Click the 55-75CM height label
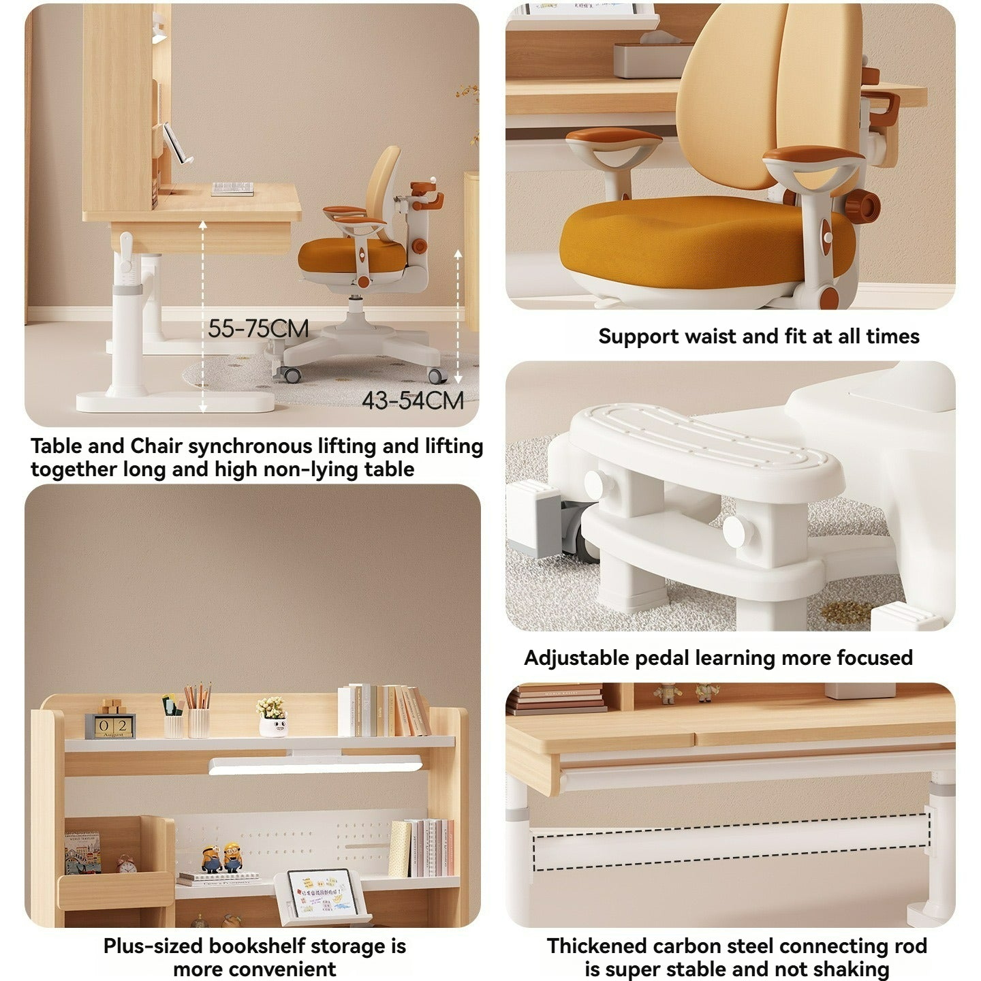[258, 328]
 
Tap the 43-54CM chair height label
[412, 401]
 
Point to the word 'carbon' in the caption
[687, 946]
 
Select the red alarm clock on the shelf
[126, 865]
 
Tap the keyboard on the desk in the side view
[232, 189]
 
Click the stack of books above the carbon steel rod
[555, 700]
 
